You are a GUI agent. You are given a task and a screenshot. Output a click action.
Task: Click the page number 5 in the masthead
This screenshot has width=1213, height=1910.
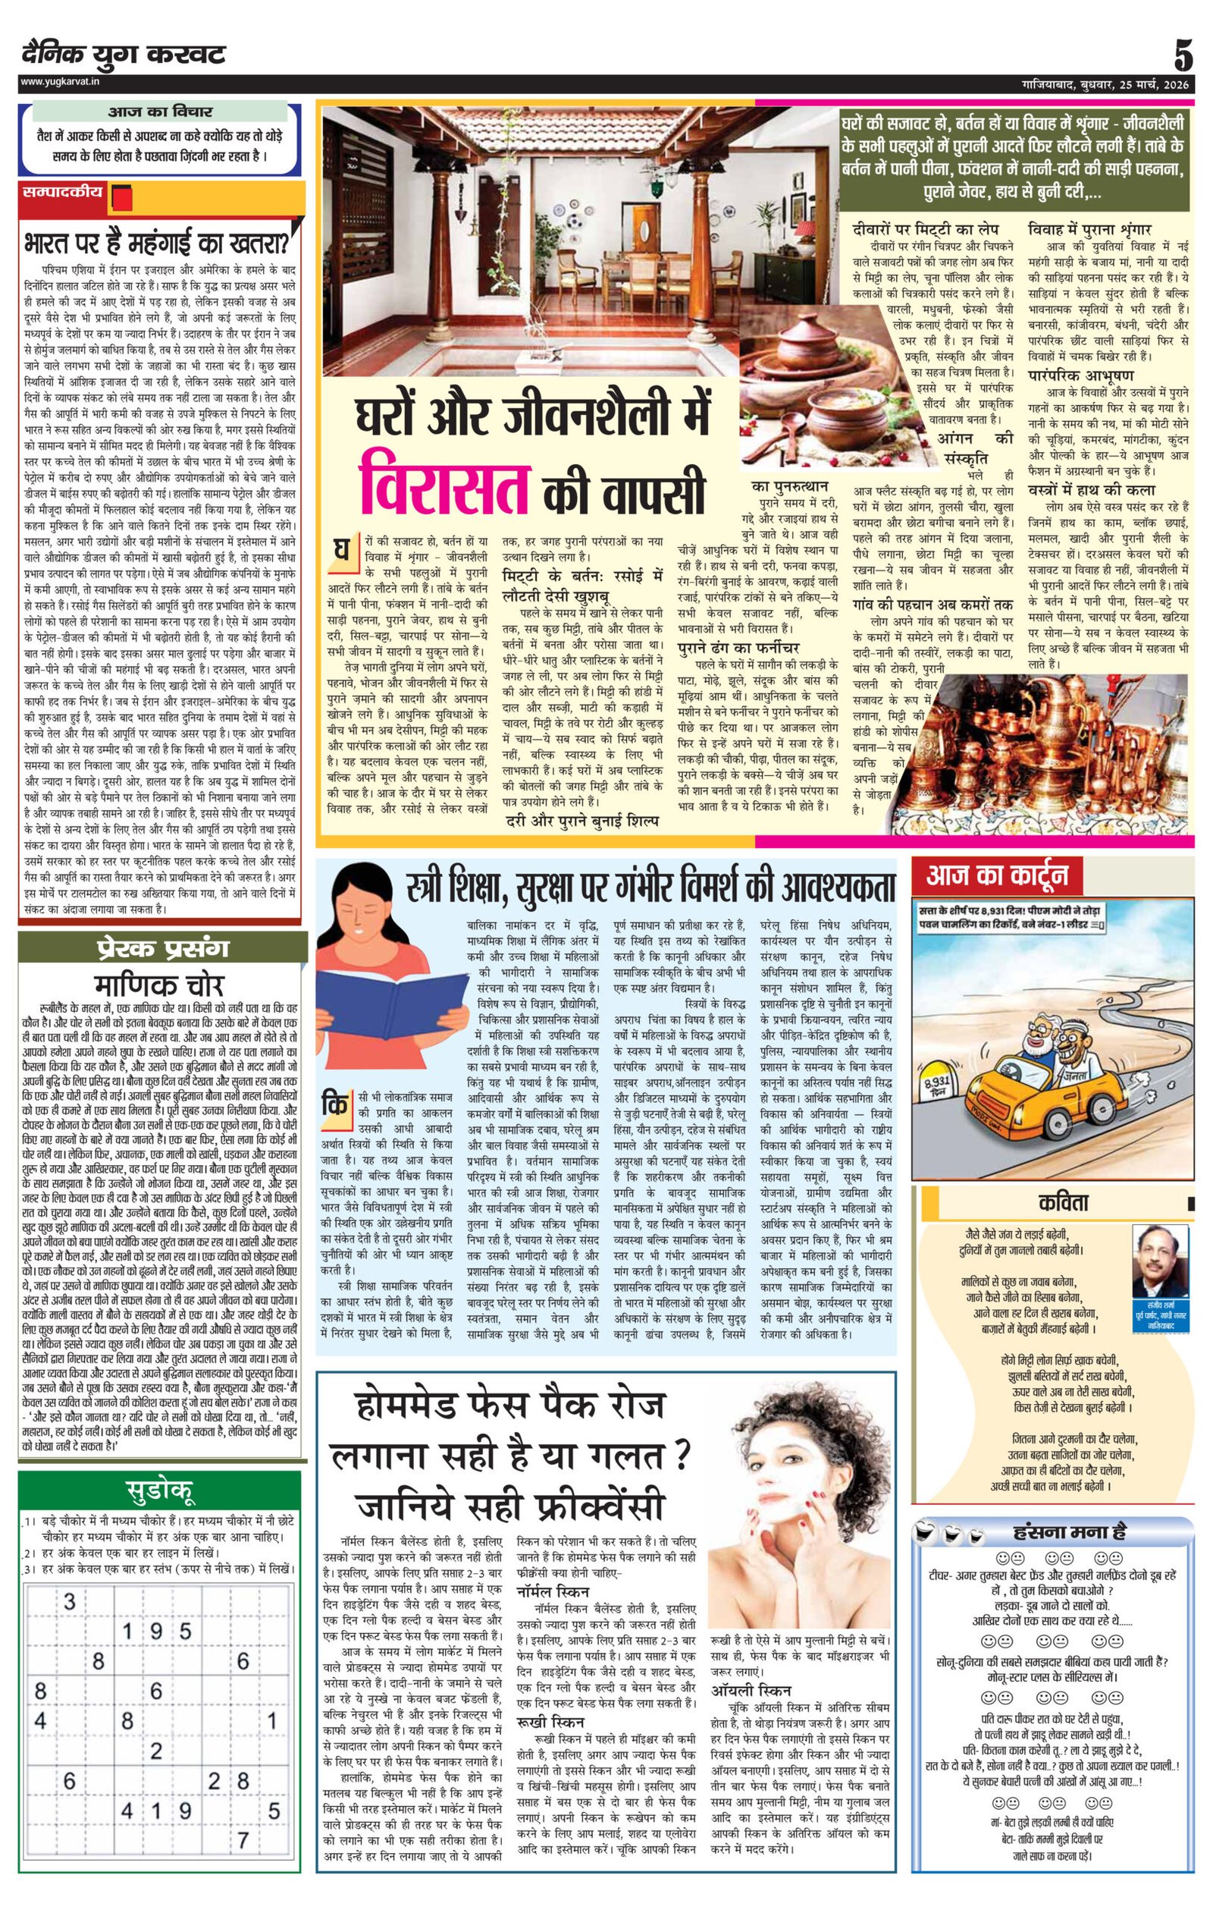[1182, 56]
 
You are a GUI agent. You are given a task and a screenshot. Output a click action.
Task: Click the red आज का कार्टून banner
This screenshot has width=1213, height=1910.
[998, 875]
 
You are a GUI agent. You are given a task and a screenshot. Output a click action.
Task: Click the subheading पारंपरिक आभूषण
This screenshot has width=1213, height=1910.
[1080, 375]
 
